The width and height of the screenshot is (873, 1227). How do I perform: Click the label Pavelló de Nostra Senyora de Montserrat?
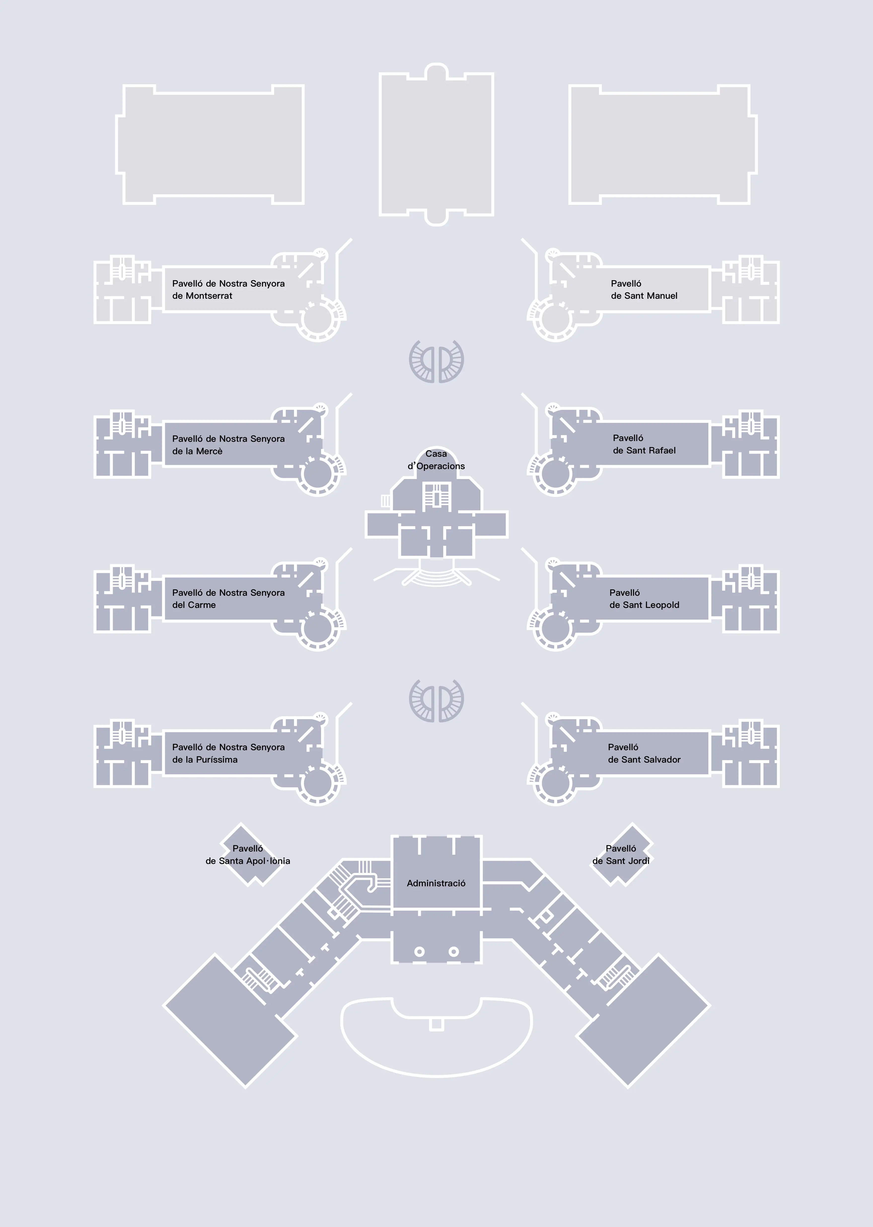[228, 289]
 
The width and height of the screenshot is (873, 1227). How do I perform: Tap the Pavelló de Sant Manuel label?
[644, 289]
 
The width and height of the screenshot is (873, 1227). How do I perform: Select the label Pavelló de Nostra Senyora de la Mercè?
[228, 445]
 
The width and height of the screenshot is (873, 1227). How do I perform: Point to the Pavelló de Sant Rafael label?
[644, 444]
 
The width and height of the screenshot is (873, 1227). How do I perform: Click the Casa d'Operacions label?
[436, 460]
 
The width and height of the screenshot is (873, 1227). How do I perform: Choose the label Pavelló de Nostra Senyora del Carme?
[228, 598]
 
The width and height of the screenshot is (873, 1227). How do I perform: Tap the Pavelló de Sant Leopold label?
[644, 598]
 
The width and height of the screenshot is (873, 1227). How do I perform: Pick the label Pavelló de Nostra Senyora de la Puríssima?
[228, 753]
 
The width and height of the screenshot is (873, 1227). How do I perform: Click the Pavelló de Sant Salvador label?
[644, 753]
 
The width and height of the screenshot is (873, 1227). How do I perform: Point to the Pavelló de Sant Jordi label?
[621, 855]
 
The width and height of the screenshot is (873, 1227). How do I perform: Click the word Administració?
[436, 883]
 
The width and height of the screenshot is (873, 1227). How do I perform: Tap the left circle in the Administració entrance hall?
[419, 952]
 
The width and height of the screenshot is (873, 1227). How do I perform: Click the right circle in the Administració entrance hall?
[454, 952]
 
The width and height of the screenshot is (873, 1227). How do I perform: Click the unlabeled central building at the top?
[436, 144]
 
